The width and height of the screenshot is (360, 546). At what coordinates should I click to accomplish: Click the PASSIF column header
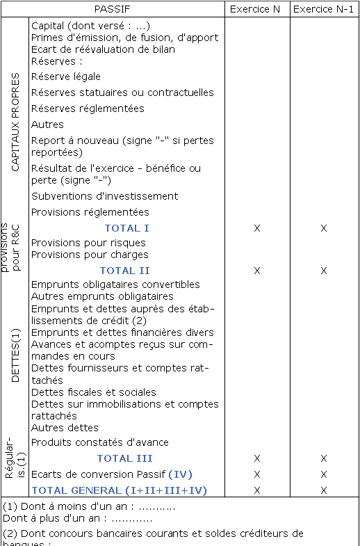[x=126, y=9]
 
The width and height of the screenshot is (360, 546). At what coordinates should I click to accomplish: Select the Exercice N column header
[x=257, y=9]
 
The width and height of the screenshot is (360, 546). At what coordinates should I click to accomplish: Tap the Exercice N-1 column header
[x=323, y=9]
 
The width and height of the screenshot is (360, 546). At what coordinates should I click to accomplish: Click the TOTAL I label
[x=127, y=228]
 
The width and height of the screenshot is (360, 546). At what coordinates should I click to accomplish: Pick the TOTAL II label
[x=125, y=271]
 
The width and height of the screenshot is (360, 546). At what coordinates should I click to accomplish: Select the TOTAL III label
[x=125, y=458]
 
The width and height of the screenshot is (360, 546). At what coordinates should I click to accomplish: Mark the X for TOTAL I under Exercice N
[x=257, y=228]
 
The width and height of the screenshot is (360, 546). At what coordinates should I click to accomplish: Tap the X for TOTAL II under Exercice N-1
[x=323, y=271]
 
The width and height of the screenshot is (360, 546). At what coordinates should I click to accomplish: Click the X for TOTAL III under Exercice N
[x=257, y=458]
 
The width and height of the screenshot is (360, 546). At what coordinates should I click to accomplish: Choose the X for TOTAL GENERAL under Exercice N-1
[x=323, y=490]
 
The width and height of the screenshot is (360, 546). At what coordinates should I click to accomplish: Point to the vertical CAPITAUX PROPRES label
[x=15, y=122]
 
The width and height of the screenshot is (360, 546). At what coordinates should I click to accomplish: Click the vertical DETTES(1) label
[x=15, y=355]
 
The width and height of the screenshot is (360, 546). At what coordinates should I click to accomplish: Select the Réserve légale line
[x=66, y=77]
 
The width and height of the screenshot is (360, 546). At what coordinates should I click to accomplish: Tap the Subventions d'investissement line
[x=105, y=196]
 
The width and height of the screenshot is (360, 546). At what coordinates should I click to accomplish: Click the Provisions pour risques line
[x=88, y=243]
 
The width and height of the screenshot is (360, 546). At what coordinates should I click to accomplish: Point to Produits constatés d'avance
[x=100, y=442]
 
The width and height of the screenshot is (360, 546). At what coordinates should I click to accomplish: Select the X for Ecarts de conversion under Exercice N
[x=257, y=474]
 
